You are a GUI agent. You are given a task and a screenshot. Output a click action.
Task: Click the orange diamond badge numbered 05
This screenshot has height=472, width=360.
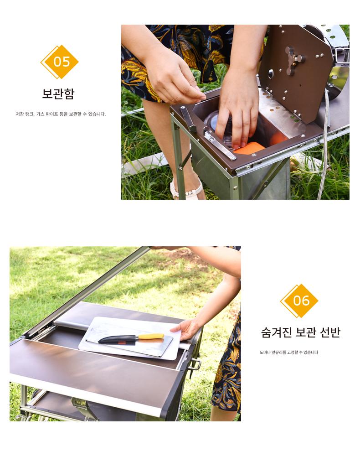pos(60,62)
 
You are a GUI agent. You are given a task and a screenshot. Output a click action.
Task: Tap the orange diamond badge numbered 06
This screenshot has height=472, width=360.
pos(299,301)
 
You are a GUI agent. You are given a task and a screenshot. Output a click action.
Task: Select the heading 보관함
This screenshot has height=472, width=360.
pos(58,93)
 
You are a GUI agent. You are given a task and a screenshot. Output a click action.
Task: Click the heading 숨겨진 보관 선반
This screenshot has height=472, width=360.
pos(300,332)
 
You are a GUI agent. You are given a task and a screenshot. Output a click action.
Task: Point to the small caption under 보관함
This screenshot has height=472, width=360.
pos(61,114)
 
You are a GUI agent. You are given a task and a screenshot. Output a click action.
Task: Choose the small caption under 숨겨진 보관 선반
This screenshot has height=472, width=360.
pos(289,352)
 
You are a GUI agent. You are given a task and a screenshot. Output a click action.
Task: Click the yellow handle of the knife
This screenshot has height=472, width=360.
pos(151,336)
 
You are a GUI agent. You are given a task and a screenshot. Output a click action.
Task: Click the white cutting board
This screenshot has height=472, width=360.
pos(129,338)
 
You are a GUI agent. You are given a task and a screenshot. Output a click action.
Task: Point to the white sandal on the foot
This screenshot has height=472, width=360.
pos(186,190)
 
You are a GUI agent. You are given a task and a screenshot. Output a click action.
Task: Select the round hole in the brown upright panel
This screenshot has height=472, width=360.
pos(270,73)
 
